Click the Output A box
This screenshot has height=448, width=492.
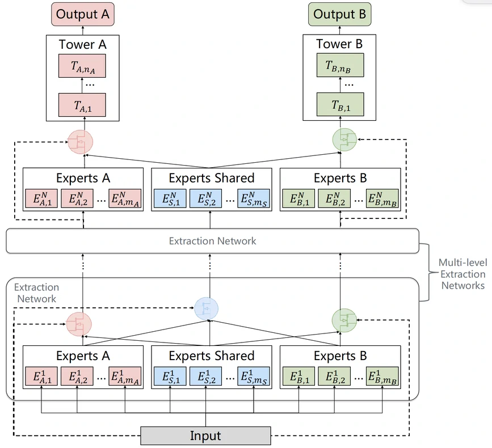83,14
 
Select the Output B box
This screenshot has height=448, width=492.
339,14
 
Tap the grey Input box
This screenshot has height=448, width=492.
205,436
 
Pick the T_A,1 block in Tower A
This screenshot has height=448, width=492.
83,105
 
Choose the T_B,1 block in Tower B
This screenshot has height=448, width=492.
339,105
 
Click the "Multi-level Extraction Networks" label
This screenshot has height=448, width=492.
462,274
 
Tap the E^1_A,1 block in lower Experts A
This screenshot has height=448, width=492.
41,377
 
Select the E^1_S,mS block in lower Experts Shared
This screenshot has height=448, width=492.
253,377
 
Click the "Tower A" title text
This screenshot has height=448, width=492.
82,44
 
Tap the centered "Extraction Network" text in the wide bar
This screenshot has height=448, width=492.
212,241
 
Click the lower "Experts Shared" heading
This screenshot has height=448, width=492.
211,356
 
